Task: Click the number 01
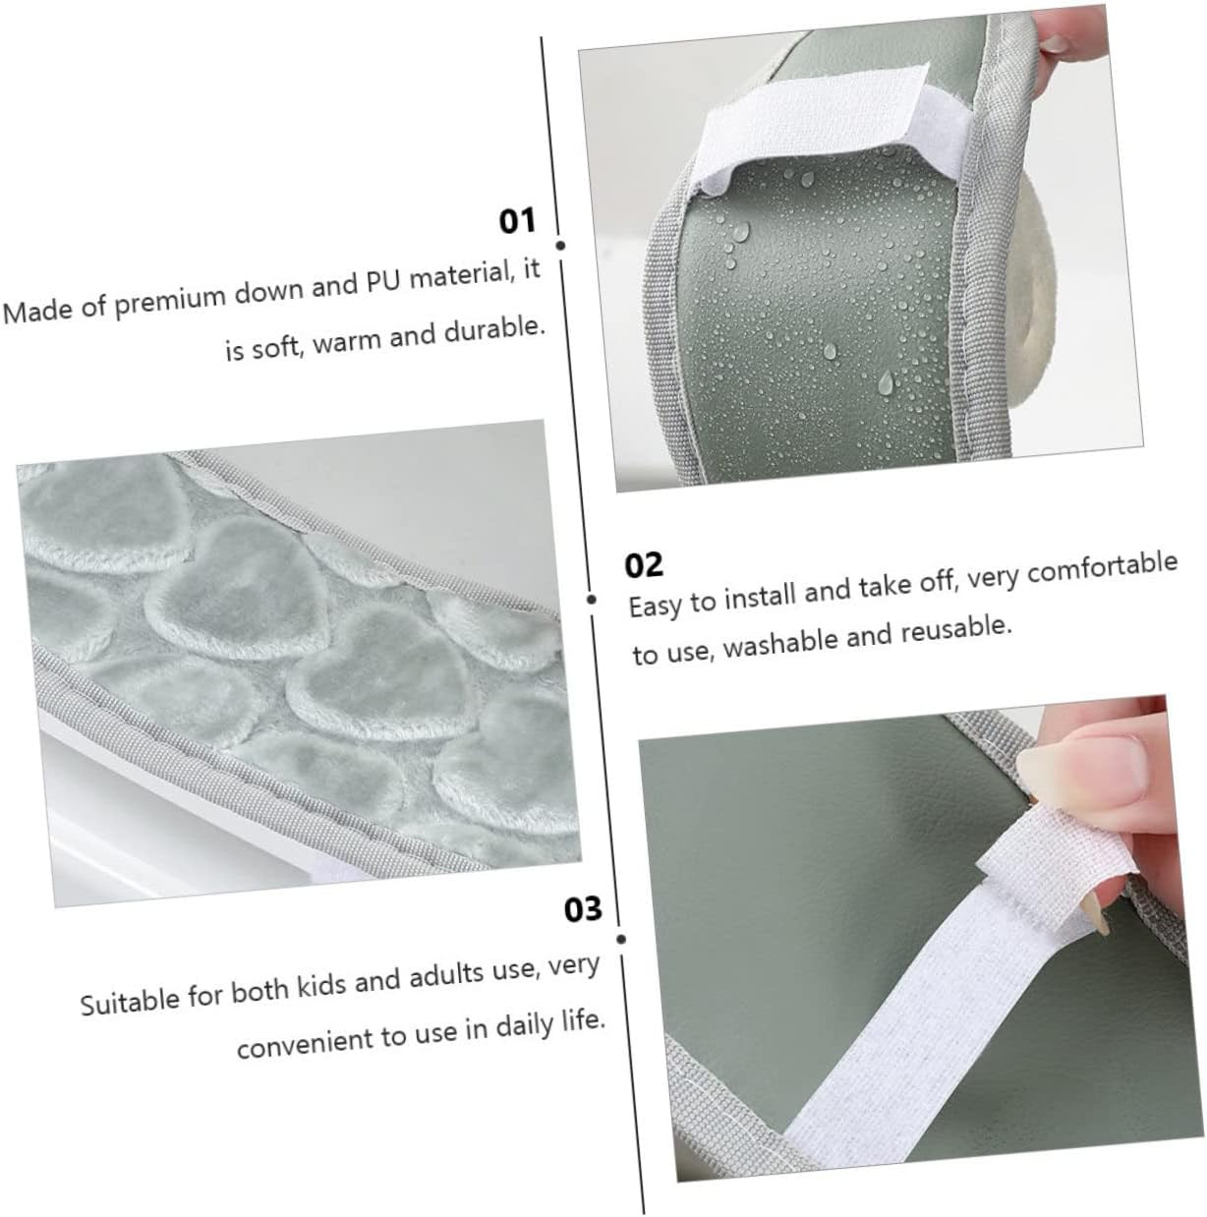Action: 517,221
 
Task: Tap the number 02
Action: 644,565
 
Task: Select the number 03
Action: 583,910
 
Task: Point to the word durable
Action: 493,329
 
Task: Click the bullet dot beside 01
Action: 561,246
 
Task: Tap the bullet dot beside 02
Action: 592,600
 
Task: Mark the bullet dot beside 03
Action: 621,940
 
